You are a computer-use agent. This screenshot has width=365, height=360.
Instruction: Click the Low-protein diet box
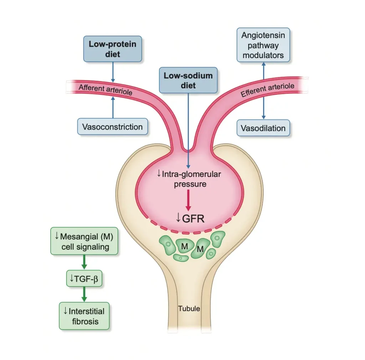click(113, 49)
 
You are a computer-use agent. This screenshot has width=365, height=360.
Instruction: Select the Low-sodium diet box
click(188, 80)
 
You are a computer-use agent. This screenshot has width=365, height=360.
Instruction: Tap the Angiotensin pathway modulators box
click(263, 45)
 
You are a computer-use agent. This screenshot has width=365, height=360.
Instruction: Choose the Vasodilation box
click(263, 128)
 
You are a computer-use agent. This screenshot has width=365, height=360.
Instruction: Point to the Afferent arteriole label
click(105, 89)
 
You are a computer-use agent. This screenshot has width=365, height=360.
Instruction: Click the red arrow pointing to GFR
click(188, 201)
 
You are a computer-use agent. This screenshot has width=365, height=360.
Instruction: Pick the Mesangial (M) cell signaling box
click(84, 241)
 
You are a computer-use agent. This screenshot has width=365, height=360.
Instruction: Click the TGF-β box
click(84, 278)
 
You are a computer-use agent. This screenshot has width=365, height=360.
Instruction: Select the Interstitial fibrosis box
click(84, 316)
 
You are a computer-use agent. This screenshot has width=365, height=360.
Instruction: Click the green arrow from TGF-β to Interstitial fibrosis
click(84, 294)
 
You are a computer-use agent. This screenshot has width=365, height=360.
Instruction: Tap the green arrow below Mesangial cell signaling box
click(84, 262)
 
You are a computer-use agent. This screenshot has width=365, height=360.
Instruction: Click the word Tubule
click(189, 308)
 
